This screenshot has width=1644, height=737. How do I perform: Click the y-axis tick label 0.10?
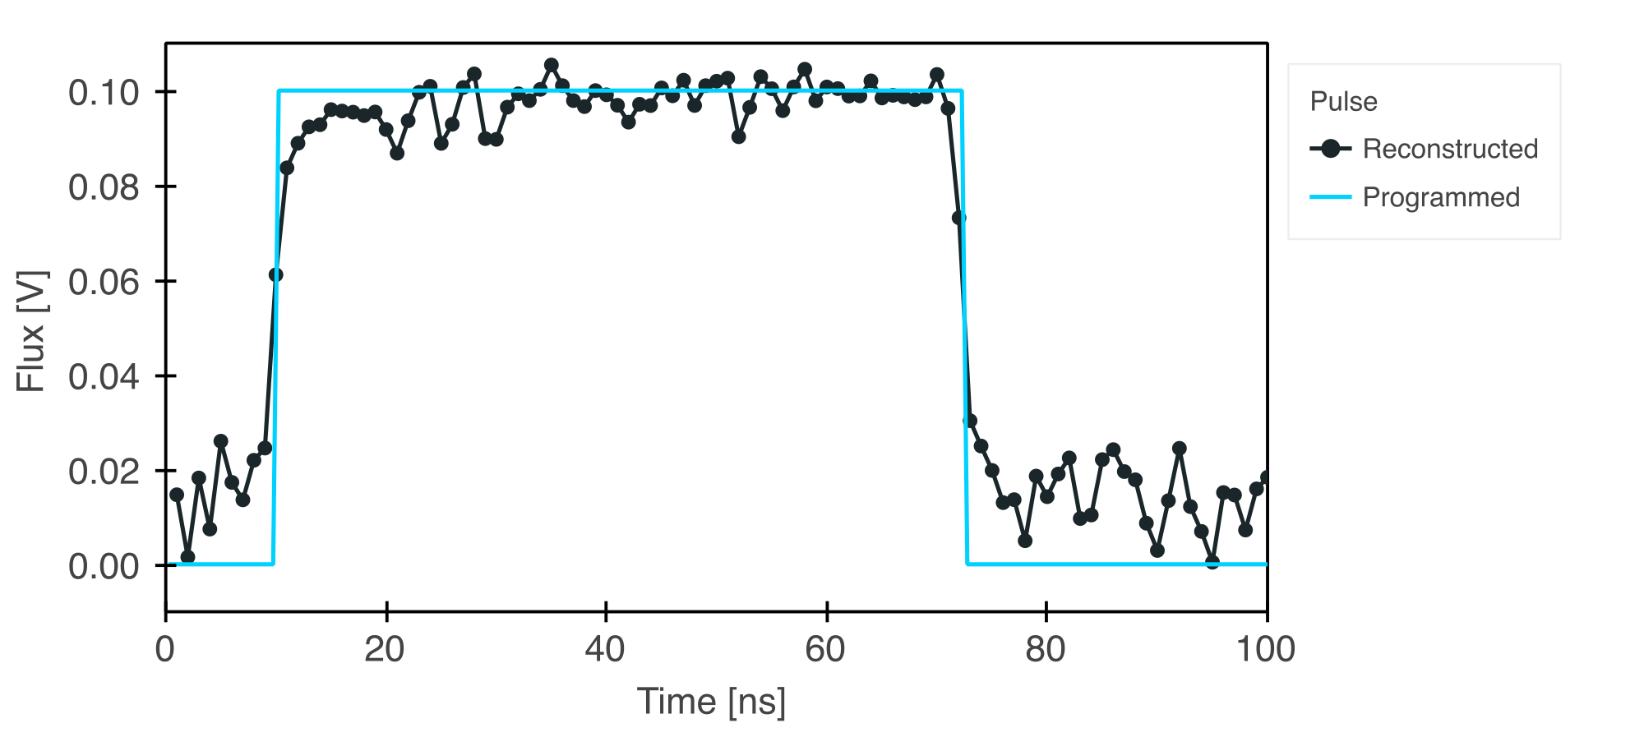[104, 93]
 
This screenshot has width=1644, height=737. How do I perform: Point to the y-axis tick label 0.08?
[104, 187]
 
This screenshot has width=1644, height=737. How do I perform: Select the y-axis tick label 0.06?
[104, 282]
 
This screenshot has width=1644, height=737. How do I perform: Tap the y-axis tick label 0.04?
[104, 377]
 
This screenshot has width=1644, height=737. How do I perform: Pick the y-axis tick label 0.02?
[104, 472]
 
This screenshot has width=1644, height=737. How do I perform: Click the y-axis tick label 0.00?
[104, 566]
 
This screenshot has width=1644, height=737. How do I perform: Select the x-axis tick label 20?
[385, 650]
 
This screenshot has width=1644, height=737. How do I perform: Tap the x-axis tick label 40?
[605, 650]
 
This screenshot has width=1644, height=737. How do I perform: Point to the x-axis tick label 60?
[825, 650]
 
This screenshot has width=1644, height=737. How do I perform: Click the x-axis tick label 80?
[1046, 650]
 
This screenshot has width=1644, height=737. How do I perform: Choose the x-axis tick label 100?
[1266, 650]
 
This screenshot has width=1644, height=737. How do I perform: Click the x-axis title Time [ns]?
[711, 702]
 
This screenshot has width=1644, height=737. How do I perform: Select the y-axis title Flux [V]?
[31, 331]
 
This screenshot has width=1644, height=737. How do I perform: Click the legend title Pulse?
[1343, 101]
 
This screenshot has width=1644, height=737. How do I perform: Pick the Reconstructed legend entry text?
[1450, 149]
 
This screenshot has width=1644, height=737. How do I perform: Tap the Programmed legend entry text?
[1441, 197]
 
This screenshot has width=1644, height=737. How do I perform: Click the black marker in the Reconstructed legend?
[1331, 149]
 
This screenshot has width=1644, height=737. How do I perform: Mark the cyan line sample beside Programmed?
[1331, 197]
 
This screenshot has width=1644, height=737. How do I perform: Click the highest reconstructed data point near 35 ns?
[552, 65]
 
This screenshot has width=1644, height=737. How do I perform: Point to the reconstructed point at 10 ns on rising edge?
[276, 274]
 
